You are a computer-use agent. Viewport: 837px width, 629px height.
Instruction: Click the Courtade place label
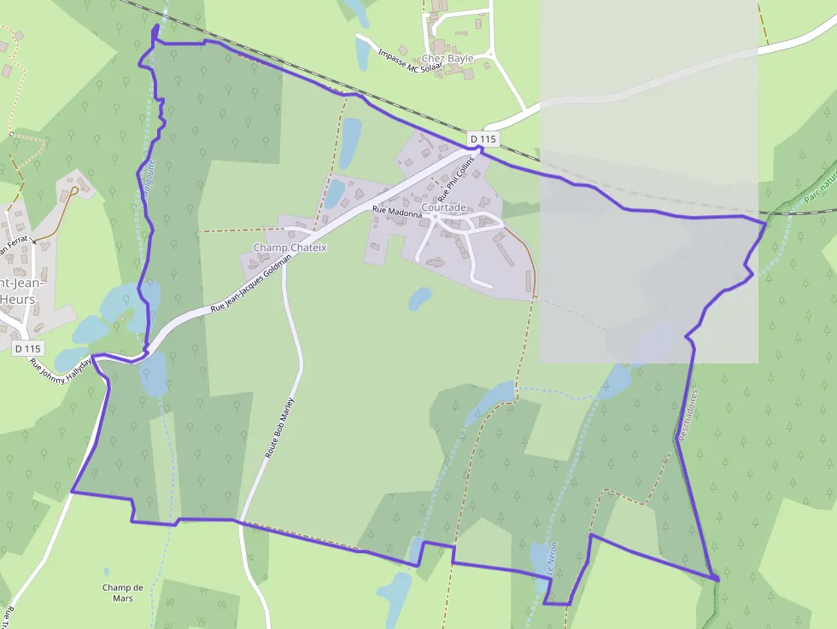tap(444, 207)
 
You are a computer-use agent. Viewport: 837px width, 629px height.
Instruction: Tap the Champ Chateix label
tap(290, 248)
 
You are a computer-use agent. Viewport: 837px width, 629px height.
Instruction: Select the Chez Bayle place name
tap(448, 58)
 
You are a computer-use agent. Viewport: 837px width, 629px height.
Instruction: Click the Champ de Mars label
tap(123, 592)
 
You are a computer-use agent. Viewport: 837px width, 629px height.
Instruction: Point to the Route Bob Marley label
tap(279, 428)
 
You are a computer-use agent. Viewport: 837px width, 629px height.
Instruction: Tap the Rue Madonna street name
tap(397, 212)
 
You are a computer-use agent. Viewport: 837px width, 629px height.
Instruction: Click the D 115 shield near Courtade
tap(483, 139)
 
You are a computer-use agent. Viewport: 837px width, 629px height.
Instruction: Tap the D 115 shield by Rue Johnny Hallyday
tap(27, 348)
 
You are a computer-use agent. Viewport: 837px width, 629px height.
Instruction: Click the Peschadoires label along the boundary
tap(688, 416)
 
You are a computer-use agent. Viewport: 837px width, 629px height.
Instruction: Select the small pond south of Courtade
tap(419, 299)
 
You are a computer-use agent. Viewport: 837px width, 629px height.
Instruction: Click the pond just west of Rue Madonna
tap(335, 194)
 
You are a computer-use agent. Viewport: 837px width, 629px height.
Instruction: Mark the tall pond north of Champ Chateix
tap(350, 142)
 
